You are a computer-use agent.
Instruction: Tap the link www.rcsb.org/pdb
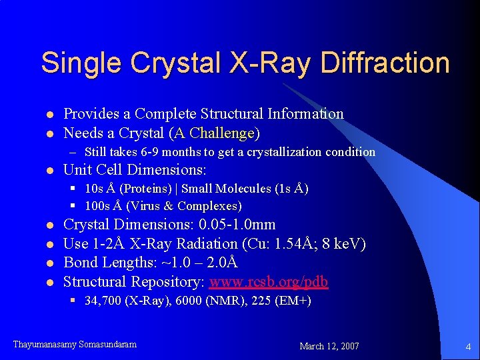269,281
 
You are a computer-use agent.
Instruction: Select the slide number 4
468,346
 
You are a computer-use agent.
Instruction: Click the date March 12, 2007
329,346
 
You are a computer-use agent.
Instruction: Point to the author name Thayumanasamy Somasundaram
75,345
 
